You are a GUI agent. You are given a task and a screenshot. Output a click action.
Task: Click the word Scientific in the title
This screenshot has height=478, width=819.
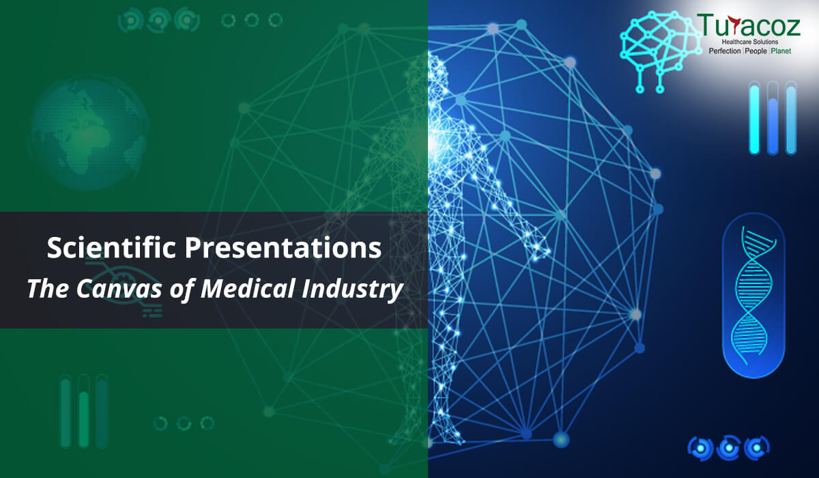point(111,248)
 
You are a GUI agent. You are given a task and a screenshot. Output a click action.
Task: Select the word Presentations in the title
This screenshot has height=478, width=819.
point(283,248)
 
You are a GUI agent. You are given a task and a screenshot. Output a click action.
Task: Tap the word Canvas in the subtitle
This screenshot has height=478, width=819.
point(119,289)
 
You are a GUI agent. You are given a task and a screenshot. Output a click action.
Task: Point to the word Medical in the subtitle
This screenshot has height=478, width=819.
point(248,289)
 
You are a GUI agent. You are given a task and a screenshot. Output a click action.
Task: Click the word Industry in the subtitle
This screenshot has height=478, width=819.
point(352,290)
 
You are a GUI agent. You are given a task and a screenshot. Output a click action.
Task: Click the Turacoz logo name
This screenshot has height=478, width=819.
point(749,25)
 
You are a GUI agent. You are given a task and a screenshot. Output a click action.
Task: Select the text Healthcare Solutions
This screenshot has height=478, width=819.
point(750,42)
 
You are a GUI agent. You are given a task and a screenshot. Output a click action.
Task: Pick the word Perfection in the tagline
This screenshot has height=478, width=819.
point(725,51)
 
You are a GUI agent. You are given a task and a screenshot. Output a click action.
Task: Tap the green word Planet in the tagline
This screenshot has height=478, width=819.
point(781,51)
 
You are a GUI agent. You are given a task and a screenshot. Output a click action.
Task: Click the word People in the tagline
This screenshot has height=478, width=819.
point(756,51)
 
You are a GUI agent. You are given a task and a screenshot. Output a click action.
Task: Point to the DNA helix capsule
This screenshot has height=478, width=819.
point(753,296)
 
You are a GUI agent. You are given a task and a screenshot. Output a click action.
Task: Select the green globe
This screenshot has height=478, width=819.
point(89,133)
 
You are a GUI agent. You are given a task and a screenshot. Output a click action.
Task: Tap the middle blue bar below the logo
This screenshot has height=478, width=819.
point(773,117)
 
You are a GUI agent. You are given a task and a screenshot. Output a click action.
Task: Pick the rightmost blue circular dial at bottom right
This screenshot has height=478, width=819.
point(756,448)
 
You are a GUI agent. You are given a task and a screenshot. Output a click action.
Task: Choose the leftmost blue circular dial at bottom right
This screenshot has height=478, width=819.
point(700,448)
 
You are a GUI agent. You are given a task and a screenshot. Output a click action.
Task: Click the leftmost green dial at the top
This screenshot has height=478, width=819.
point(130,20)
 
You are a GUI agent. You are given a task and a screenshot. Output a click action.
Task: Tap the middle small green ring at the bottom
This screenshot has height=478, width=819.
point(184,423)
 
